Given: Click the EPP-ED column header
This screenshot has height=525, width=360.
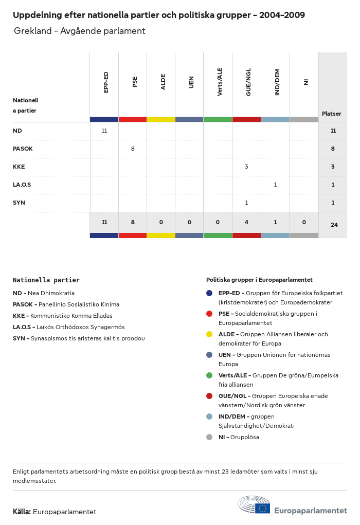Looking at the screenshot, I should (106, 82).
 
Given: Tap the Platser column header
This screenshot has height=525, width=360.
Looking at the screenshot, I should (332, 114).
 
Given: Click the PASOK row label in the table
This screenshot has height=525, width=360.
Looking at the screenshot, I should (23, 149).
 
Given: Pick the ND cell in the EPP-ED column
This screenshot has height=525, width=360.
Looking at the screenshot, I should (104, 131).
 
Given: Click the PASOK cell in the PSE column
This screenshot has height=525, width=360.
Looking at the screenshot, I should (133, 149).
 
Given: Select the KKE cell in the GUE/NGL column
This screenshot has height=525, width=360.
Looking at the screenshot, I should (246, 167).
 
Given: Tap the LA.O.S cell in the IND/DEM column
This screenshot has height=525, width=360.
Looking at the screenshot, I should (275, 185).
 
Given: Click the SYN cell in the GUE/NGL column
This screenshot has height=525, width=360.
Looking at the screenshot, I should (246, 203).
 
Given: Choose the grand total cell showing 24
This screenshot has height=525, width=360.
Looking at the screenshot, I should (334, 225).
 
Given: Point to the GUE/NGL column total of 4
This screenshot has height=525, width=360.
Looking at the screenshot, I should (246, 222).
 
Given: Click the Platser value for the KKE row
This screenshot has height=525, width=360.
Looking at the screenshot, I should (333, 167).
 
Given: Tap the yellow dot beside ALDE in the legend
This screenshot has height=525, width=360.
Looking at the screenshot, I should (209, 334).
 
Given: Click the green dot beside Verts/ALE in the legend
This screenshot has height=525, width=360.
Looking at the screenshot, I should (209, 375).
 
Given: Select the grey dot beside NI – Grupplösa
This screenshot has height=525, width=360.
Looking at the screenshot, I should (209, 437).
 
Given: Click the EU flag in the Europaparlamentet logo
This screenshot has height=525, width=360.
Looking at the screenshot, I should (262, 508).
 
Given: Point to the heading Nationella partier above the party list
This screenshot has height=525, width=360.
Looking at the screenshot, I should (46, 280).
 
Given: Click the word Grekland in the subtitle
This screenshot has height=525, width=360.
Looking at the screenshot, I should (33, 31).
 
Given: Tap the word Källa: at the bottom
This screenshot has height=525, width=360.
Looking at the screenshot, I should (22, 512).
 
